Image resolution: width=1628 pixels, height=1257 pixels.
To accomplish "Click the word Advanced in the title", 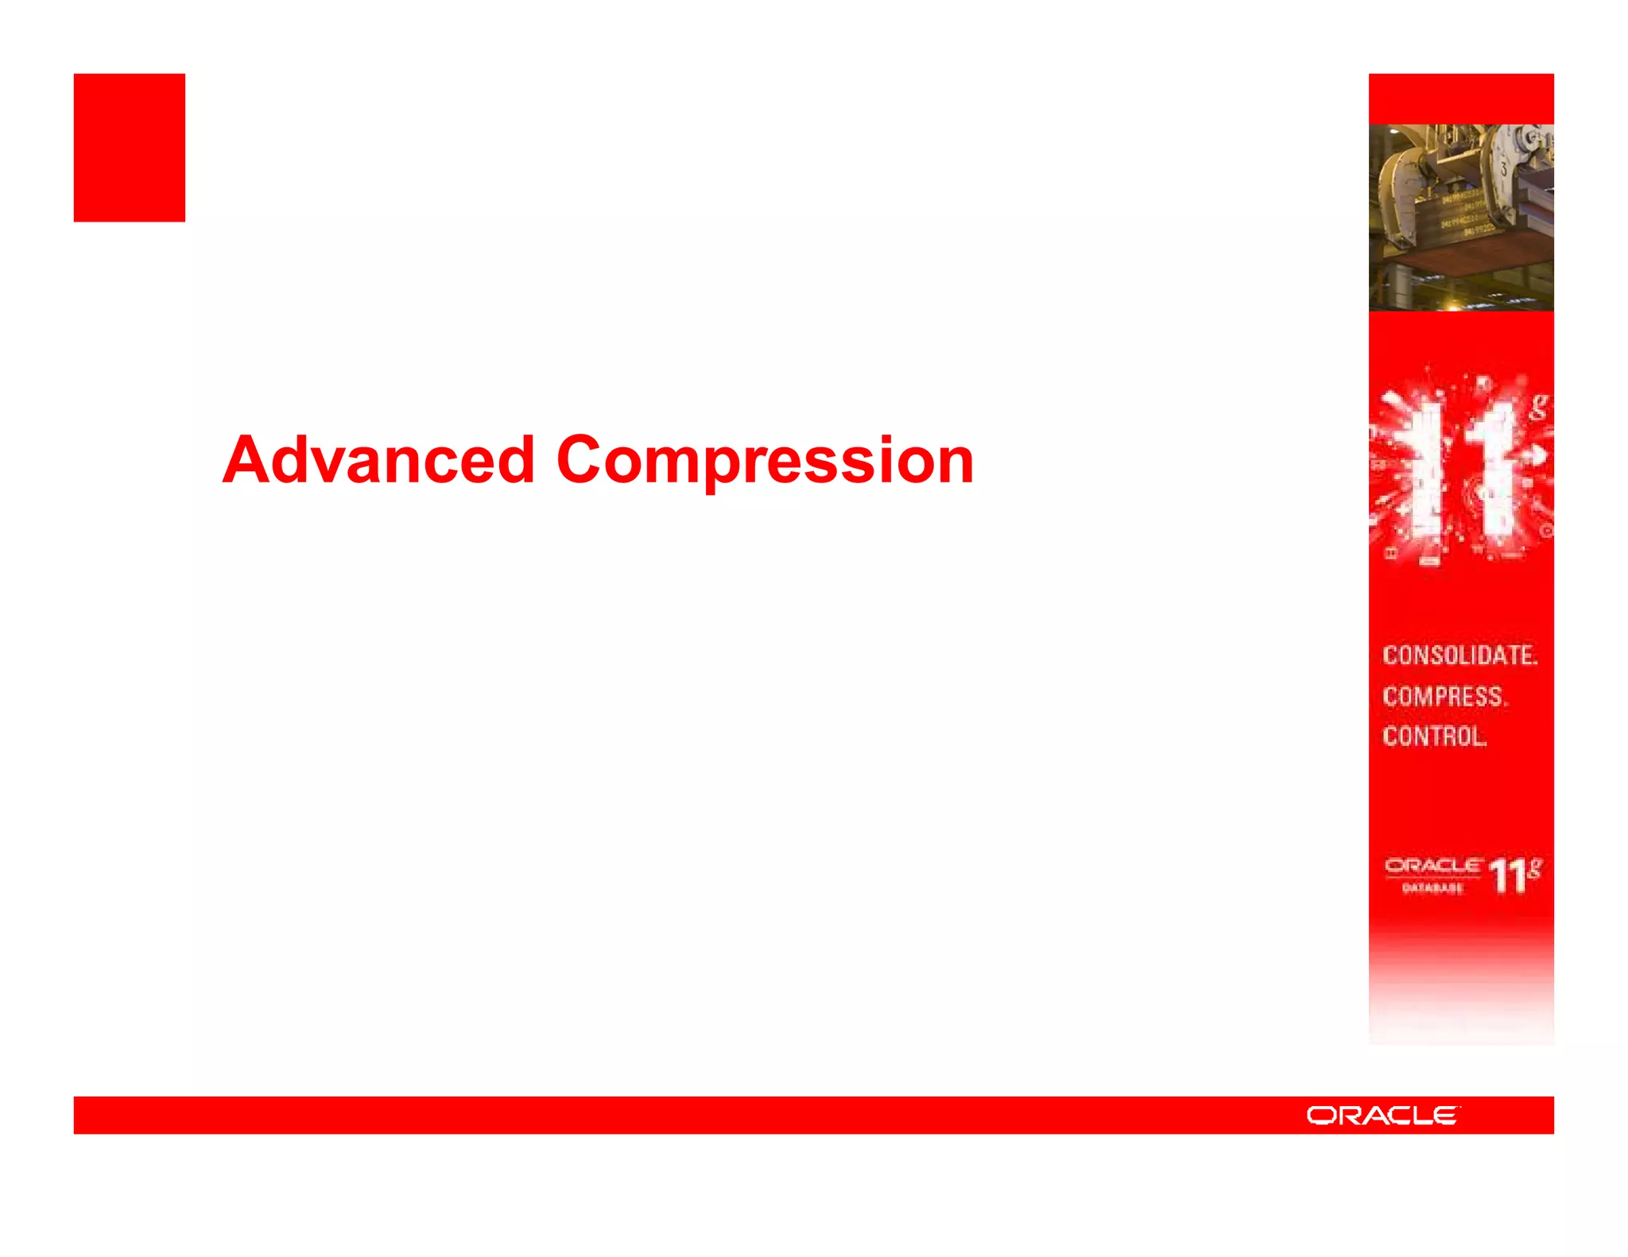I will coord(378,460).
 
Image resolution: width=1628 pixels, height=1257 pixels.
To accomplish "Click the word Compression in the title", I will coord(765,462).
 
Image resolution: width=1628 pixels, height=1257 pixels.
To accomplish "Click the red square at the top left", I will coord(130,148).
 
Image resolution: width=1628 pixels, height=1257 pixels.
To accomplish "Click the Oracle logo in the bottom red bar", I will coord(1383,1116).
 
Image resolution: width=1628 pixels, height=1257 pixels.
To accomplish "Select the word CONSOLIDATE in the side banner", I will coord(1459,656).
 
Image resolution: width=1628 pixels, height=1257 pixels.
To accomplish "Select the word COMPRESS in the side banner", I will coord(1444,697).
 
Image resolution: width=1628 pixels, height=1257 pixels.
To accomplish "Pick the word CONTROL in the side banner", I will coord(1434,737).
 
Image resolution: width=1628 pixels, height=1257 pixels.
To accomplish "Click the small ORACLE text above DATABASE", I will coord(1432,866).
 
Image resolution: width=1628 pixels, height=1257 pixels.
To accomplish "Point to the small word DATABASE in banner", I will coord(1432,888).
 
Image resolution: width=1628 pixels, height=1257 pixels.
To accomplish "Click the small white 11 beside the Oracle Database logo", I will coord(1507,877).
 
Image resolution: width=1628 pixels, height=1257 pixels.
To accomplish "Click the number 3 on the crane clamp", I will coord(1504,168).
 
